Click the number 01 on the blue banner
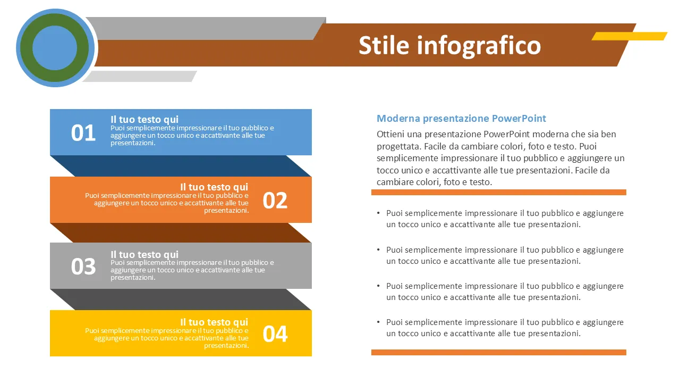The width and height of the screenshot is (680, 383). click(x=83, y=133)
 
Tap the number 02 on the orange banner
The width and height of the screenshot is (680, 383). click(x=275, y=201)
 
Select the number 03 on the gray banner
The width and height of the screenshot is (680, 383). click(x=83, y=267)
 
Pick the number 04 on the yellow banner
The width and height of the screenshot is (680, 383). click(x=275, y=334)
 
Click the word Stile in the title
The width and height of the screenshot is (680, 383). click(x=384, y=45)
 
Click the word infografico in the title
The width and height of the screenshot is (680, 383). click(x=479, y=46)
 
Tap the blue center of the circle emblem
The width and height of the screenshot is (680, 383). click(x=55, y=48)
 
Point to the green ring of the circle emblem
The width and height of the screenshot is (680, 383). click(x=26, y=48)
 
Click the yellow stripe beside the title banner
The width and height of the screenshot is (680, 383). click(x=630, y=36)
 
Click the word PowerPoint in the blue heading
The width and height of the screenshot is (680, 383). click(x=519, y=118)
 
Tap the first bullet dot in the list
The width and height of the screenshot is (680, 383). click(x=378, y=213)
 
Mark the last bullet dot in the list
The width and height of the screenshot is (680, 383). click(x=378, y=322)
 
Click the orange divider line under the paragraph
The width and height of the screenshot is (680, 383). click(x=499, y=192)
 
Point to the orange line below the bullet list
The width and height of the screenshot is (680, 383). click(x=499, y=352)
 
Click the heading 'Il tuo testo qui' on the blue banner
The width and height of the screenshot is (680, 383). click(x=144, y=119)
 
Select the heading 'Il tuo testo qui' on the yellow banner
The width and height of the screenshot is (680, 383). click(x=214, y=322)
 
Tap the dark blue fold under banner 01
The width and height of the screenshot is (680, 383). click(x=181, y=166)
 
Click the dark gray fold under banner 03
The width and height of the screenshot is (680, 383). click(x=181, y=299)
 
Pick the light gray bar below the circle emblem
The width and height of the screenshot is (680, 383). click(x=140, y=76)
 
